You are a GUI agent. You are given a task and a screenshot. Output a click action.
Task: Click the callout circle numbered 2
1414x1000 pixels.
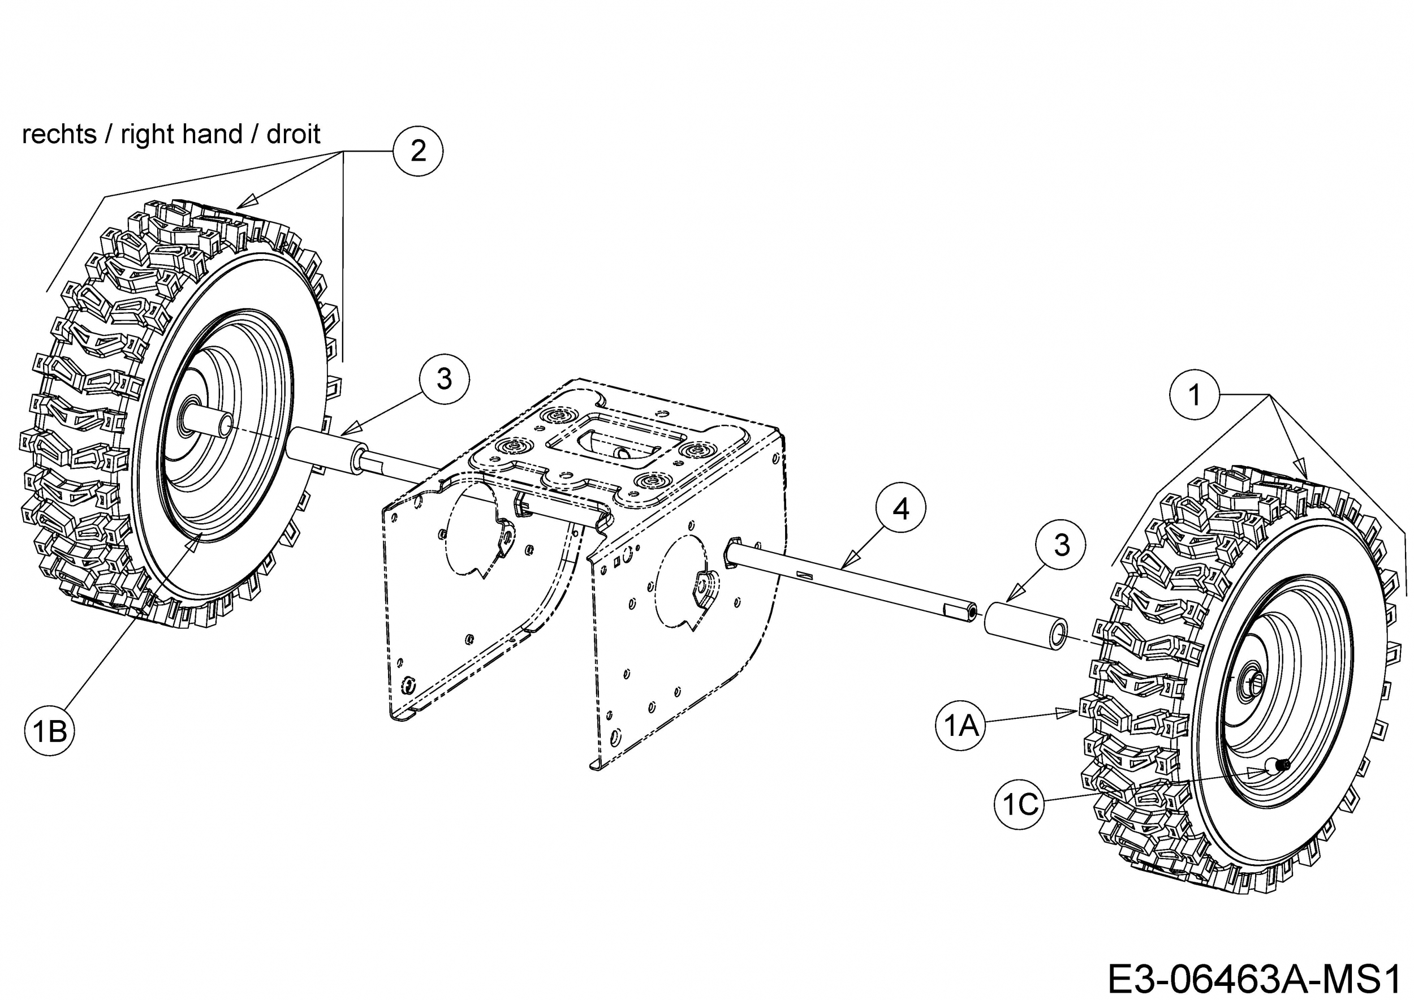pyautogui.click(x=418, y=151)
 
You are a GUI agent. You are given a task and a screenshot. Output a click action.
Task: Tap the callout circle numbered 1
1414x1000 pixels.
pyautogui.click(x=1194, y=395)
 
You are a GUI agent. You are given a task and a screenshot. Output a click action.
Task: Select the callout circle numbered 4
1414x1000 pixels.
pyautogui.click(x=900, y=508)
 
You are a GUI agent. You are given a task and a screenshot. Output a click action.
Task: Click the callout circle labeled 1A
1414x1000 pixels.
pyautogui.click(x=961, y=726)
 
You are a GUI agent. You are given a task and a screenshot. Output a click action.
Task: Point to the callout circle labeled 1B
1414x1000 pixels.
pyautogui.click(x=50, y=731)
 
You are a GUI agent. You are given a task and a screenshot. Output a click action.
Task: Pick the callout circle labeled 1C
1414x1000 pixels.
pyautogui.click(x=1019, y=804)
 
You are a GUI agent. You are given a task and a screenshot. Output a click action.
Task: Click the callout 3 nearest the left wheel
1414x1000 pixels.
pyautogui.click(x=444, y=379)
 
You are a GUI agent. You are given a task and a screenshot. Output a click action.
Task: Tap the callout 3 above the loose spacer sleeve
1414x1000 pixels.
pyautogui.click(x=1061, y=545)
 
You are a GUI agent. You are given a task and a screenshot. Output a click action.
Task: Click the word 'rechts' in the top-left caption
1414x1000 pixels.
pyautogui.click(x=59, y=134)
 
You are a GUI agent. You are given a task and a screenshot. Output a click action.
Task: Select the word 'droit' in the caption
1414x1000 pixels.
pyautogui.click(x=293, y=134)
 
